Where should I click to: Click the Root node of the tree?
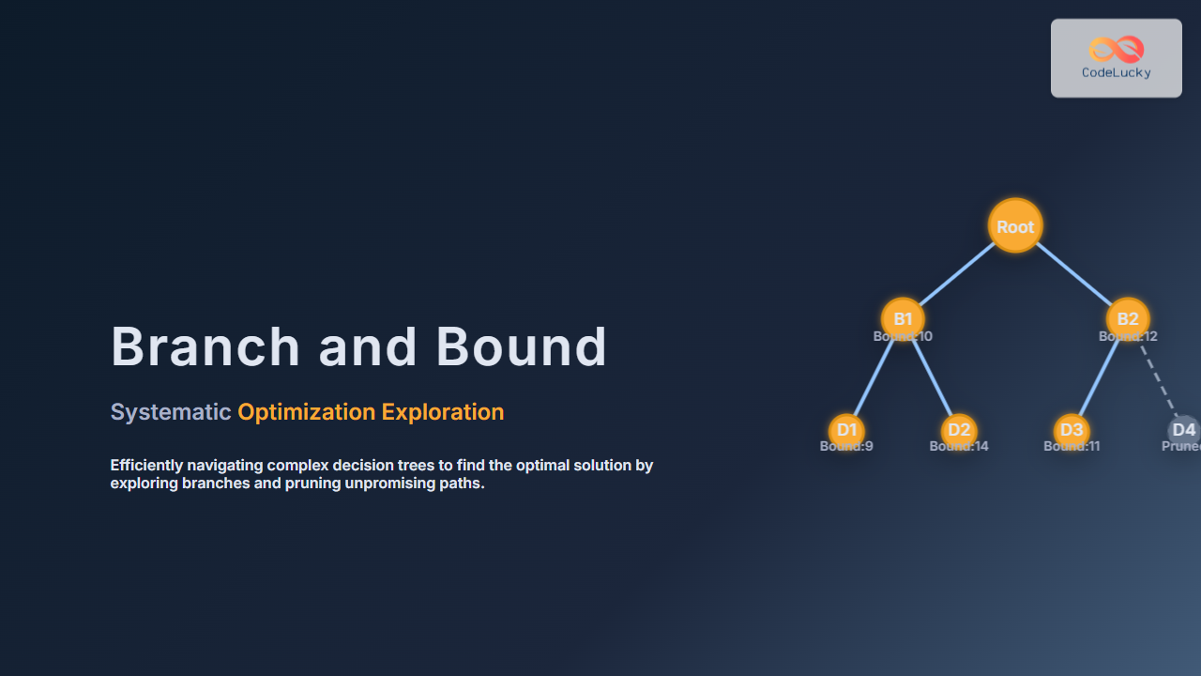[1015, 226]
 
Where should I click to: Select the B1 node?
[903, 318]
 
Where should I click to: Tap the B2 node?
[1128, 318]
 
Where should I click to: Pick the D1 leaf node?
[846, 430]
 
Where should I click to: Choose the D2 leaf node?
[959, 430]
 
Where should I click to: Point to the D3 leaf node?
[1071, 430]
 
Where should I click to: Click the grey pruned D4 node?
[1184, 430]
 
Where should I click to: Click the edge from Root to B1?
[957, 273]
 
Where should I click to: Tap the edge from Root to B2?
[1072, 273]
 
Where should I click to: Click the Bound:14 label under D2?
[959, 447]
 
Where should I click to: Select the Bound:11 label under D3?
[1072, 447]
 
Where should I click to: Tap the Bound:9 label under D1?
[846, 447]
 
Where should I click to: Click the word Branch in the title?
[205, 346]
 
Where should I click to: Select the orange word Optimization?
[306, 412]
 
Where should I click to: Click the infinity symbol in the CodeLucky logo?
[1117, 49]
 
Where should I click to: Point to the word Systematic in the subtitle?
[171, 412]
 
